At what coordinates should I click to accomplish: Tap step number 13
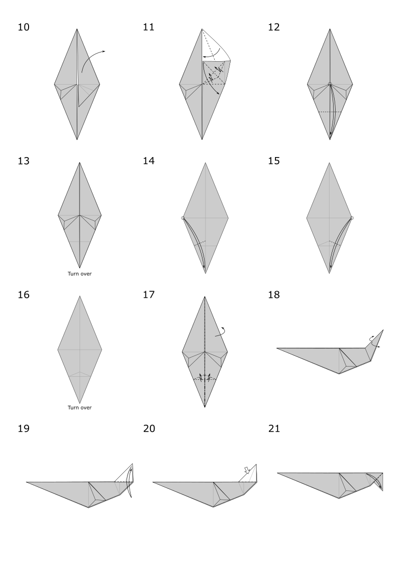click(23, 161)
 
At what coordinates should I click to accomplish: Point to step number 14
click(148, 161)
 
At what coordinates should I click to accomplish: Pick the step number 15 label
click(273, 161)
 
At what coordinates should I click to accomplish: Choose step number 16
click(23, 295)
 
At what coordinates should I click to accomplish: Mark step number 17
click(148, 295)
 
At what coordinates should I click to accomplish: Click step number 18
click(273, 295)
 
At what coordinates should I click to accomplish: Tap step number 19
click(23, 429)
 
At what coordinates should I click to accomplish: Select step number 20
click(148, 429)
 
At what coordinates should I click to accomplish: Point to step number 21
click(273, 429)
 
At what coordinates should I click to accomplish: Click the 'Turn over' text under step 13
click(80, 274)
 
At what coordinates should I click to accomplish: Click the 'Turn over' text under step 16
click(80, 407)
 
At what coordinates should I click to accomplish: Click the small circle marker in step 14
click(183, 218)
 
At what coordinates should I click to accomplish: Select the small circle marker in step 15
click(352, 218)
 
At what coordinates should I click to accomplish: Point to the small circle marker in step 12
click(330, 84)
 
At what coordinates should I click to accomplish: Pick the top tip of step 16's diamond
click(80, 296)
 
